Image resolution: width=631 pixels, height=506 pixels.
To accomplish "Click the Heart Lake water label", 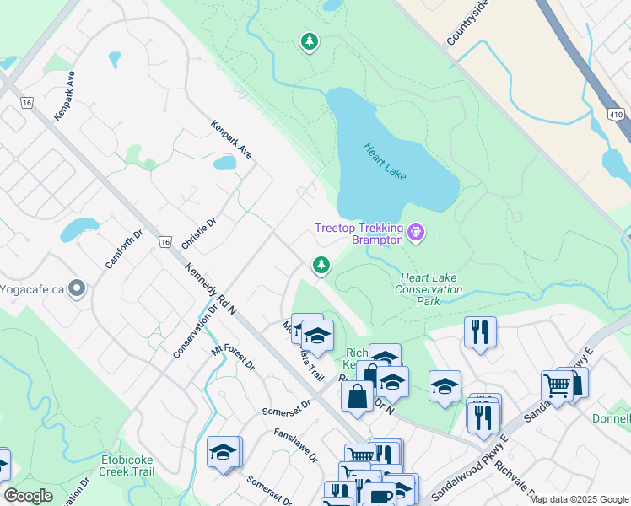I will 386,160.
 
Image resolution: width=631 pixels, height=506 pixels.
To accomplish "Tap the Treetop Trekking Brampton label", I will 358,234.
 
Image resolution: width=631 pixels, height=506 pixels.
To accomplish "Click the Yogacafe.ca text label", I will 32,288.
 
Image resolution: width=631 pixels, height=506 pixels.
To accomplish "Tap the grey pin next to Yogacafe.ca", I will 77,288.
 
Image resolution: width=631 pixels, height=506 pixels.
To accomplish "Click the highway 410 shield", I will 617,114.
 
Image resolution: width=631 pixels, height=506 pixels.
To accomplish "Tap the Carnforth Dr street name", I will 125,249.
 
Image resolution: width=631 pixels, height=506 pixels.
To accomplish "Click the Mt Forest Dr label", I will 233,358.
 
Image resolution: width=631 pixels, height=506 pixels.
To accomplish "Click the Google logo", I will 29,496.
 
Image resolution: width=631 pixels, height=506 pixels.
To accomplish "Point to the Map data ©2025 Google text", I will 579,499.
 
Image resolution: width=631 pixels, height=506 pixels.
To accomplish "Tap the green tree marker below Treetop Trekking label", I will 321,265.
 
